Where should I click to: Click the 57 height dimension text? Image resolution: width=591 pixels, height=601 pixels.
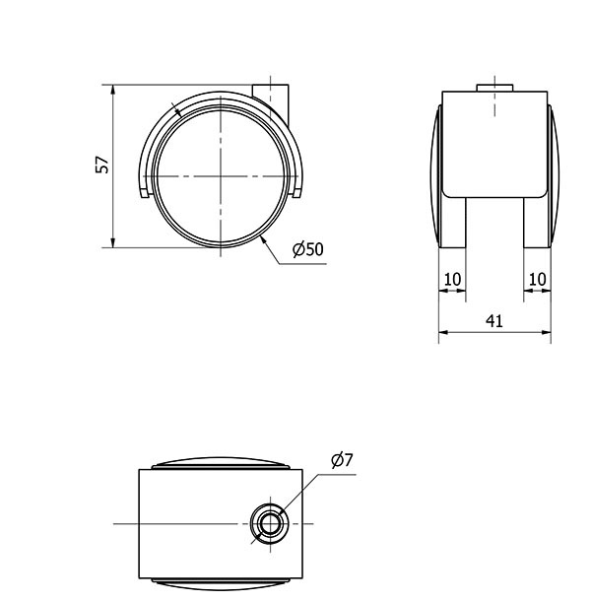click(x=101, y=166)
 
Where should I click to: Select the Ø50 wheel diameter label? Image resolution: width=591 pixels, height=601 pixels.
click(x=307, y=250)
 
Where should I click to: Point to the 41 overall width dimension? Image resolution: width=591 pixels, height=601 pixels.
click(x=494, y=321)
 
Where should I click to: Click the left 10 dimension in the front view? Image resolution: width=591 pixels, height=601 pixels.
click(x=452, y=280)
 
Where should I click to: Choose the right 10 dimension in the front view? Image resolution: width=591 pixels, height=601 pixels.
click(x=537, y=280)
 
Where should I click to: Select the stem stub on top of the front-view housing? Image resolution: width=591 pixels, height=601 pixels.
click(x=494, y=89)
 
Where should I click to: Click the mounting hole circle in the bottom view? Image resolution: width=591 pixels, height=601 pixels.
click(x=267, y=521)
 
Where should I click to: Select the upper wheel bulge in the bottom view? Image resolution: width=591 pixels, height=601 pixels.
click(x=221, y=464)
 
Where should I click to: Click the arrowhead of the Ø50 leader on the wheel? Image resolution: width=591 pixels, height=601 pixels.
click(x=264, y=238)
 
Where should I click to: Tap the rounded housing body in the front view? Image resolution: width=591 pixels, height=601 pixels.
click(x=494, y=143)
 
